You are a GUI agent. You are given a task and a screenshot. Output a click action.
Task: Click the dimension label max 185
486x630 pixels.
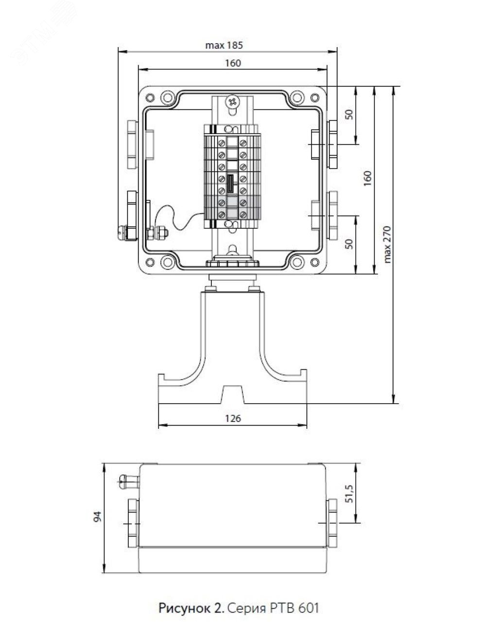(224, 46)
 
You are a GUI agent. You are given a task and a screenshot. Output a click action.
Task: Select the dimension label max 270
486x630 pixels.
(387, 244)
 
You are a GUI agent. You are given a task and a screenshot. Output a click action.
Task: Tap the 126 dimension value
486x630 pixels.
(233, 418)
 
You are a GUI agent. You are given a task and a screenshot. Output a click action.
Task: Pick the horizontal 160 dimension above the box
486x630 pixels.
(233, 63)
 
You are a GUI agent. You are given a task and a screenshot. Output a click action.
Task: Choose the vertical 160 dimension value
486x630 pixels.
(367, 178)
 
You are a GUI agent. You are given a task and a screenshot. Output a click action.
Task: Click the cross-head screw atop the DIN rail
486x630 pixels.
(231, 102)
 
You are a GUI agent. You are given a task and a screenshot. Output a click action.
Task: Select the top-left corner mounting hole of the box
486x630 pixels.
(150, 98)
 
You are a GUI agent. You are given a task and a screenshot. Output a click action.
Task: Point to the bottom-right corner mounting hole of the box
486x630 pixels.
(314, 262)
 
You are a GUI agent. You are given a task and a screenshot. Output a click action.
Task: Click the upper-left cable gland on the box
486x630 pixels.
(132, 144)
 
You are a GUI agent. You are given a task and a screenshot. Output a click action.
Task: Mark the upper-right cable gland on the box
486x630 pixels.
(332, 144)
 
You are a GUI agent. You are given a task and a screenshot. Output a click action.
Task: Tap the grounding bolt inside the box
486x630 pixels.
(157, 233)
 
